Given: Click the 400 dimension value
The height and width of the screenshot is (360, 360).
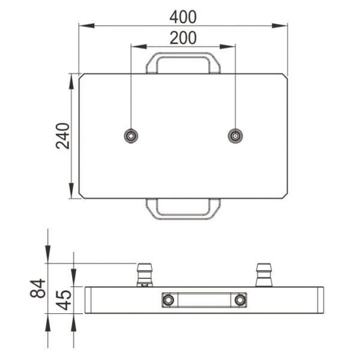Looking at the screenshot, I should tap(183, 16).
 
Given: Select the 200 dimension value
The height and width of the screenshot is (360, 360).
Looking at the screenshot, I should tap(183, 37).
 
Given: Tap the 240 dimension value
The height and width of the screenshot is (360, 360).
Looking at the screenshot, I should tap(63, 136).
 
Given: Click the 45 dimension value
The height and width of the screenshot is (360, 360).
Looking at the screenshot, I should tap(64, 298).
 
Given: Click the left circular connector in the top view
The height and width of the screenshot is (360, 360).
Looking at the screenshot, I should tap(130, 136).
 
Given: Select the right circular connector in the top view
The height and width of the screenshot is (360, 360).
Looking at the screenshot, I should tap(235, 136).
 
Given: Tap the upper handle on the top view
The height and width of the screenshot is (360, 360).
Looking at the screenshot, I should tap(183, 62).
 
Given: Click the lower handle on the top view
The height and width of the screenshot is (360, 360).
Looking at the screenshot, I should tap(183, 209).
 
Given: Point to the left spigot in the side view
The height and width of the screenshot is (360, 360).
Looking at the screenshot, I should tap(144, 274).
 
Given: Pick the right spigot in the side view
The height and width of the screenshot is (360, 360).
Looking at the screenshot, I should tap(263, 274).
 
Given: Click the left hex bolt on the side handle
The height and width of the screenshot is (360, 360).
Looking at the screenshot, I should tap(169, 299).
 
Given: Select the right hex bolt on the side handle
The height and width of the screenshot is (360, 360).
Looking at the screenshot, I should tap(240, 299).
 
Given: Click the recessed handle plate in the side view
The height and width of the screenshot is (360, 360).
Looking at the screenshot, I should tap(204, 299).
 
